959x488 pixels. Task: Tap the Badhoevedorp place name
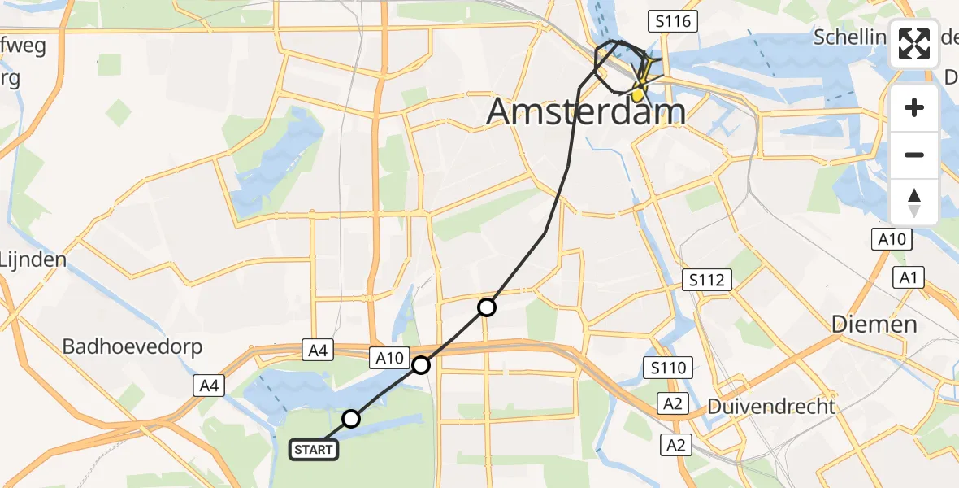[132, 346]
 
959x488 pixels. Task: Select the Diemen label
[874, 324]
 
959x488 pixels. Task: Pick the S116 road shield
[674, 21]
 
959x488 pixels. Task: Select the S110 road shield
[668, 368]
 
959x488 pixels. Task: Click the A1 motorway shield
[908, 278]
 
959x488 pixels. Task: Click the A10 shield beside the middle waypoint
[388, 357]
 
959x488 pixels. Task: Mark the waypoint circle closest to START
[351, 419]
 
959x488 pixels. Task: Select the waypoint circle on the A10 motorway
[421, 365]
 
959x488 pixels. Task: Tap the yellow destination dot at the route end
[639, 95]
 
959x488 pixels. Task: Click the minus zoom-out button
[915, 155]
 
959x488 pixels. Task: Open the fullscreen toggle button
[915, 45]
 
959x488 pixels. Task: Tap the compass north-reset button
[915, 202]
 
